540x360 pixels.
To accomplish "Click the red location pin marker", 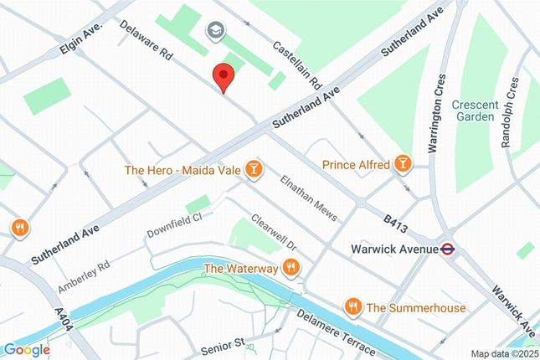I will pyautogui.click(x=223, y=76).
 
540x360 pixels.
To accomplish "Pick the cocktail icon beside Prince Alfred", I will pyautogui.click(x=403, y=164).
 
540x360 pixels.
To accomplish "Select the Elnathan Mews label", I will pyautogui.click(x=308, y=199).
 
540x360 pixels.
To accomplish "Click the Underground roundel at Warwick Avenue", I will pyautogui.click(x=449, y=249).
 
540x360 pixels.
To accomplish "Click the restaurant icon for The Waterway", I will pyautogui.click(x=291, y=268).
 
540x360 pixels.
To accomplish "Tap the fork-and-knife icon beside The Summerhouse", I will pyautogui.click(x=352, y=307).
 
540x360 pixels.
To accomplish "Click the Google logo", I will pyautogui.click(x=26, y=349).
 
